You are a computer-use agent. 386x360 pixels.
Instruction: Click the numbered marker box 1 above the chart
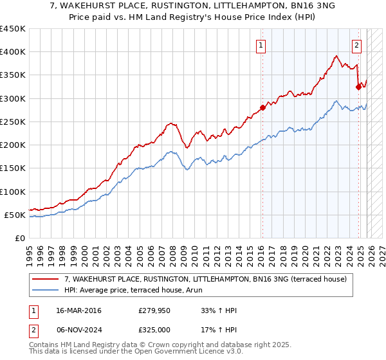[261, 45]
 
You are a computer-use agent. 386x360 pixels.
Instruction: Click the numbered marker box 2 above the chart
[356, 45]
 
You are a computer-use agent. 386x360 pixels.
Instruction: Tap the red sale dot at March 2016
[262, 107]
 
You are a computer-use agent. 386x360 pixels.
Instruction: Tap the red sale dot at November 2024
[358, 87]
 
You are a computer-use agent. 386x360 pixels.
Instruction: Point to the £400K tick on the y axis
[13, 52]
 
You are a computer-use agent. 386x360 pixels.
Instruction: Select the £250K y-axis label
[13, 122]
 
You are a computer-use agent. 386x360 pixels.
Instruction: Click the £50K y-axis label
[15, 215]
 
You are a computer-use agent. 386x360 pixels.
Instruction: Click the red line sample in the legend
[46, 279]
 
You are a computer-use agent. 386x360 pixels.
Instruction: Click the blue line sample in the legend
[46, 290]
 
